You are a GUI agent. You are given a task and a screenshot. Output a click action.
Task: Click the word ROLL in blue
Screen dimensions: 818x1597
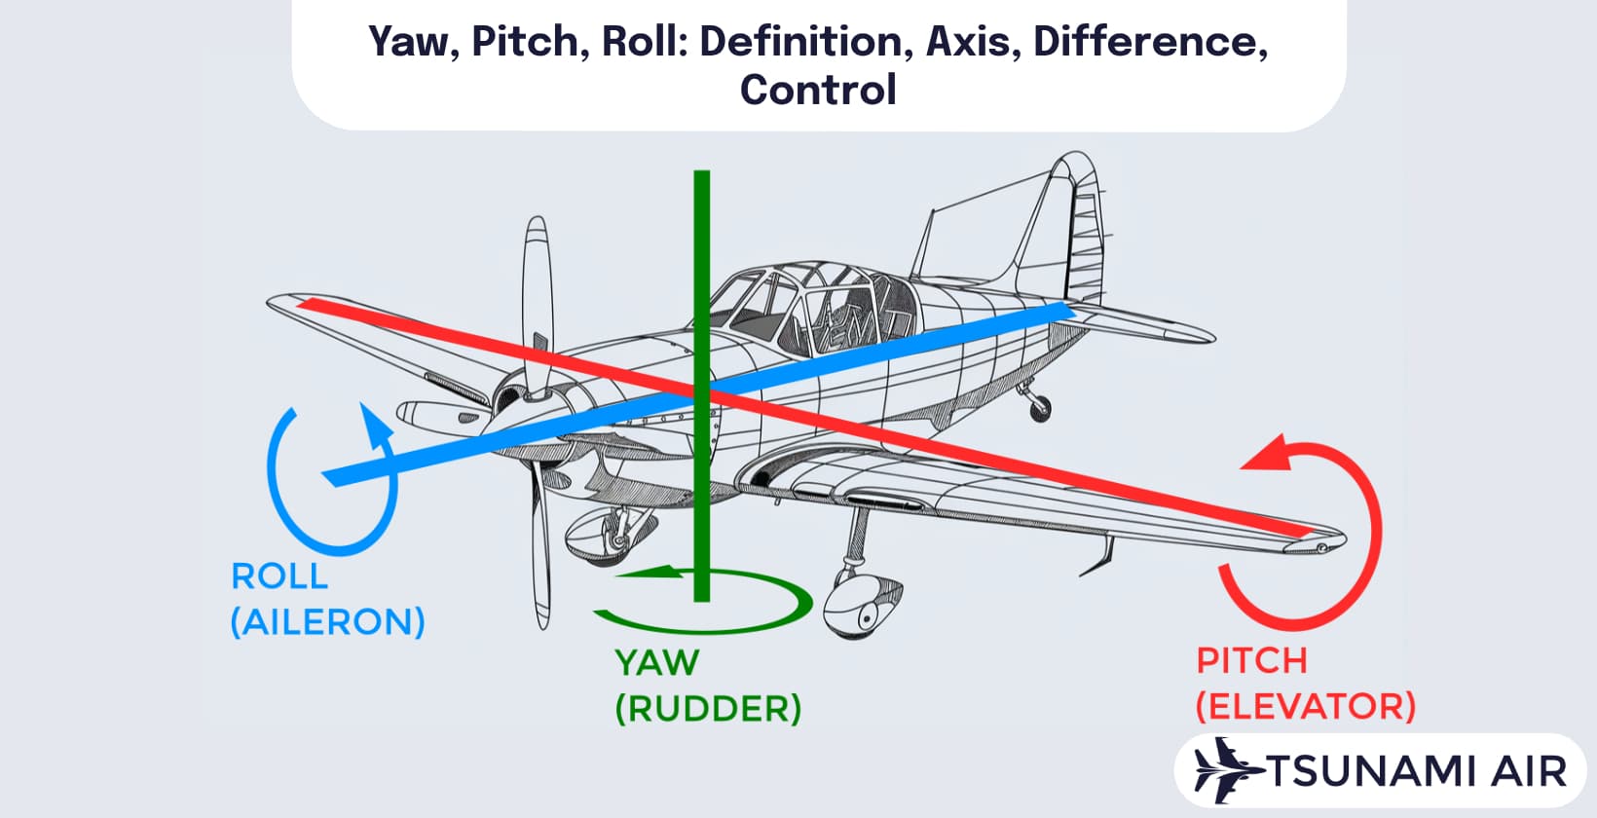tap(279, 576)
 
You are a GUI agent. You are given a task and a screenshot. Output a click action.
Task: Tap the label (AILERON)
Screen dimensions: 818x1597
tap(327, 622)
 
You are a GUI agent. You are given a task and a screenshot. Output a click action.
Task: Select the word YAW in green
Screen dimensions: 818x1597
tap(656, 663)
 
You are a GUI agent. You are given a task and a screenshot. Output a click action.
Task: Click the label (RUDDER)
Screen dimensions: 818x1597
tap(708, 709)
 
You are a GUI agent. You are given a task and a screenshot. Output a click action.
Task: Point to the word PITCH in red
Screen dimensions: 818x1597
tap(1251, 661)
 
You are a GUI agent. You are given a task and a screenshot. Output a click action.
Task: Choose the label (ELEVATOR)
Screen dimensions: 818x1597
tap(1305, 706)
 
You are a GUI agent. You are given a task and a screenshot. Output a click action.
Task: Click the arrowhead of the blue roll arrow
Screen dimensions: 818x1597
tap(376, 422)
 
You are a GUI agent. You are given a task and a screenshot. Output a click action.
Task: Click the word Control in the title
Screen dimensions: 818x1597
tap(818, 90)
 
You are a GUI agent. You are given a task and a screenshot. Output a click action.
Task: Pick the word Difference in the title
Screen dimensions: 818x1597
tap(1150, 41)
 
